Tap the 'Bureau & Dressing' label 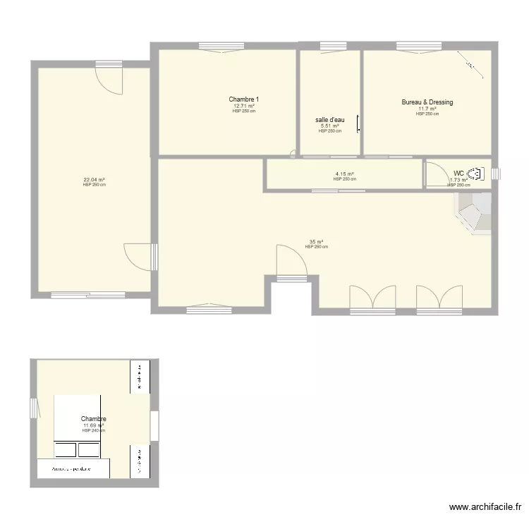point(427,102)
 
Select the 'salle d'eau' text point(329,119)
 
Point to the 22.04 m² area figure point(94,180)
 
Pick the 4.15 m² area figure point(344,174)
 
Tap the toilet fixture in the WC point(477,173)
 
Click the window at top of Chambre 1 point(221,47)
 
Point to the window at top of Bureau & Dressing point(410,47)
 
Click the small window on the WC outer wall point(495,173)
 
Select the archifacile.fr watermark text point(486,507)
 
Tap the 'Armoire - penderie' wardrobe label point(71,469)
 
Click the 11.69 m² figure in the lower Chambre point(93,425)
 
